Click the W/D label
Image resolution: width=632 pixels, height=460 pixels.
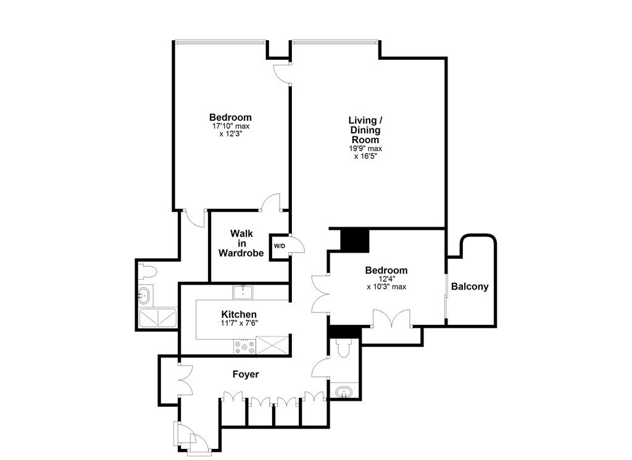pos(280,246)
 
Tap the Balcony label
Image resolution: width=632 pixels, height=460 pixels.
pos(470,286)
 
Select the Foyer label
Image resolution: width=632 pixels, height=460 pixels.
pos(246,374)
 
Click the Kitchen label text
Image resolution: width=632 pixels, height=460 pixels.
pos(238,315)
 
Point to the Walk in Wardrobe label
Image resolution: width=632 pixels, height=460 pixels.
pos(241,243)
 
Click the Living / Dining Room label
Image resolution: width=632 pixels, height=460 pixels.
pos(365,130)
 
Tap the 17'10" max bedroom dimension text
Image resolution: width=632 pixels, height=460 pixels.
pos(230,126)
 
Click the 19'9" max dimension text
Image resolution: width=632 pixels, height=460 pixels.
pos(365,148)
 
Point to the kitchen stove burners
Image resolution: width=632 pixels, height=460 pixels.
pos(244,348)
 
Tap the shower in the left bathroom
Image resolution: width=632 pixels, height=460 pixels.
pos(158,318)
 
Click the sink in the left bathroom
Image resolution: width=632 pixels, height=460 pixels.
pos(144,295)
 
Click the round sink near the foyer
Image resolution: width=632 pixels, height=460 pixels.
pos(343,391)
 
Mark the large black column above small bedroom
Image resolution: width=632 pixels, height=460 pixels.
pos(354,240)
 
